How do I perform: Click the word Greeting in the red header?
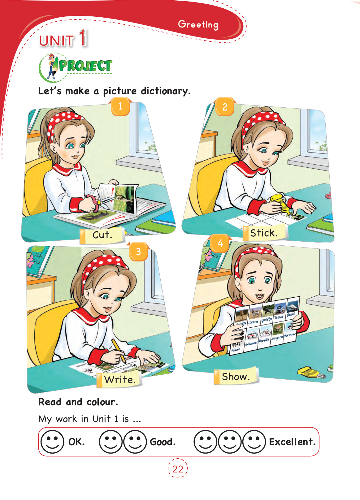tap(198, 24)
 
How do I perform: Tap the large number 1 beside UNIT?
tap(83, 38)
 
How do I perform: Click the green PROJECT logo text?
tap(85, 66)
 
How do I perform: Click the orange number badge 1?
tap(120, 106)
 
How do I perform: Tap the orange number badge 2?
tap(225, 107)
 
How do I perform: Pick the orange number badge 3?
tap(138, 252)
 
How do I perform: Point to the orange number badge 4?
tap(220, 243)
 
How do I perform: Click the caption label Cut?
tap(102, 235)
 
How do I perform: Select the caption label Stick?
tap(264, 233)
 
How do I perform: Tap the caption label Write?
tap(120, 380)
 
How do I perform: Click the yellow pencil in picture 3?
tap(119, 350)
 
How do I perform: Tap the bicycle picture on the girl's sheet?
tap(265, 333)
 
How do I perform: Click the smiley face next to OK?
tap(52, 442)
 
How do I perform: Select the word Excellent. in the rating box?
tap(292, 442)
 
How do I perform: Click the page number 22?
tap(178, 469)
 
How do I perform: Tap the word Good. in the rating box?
tap(163, 442)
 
